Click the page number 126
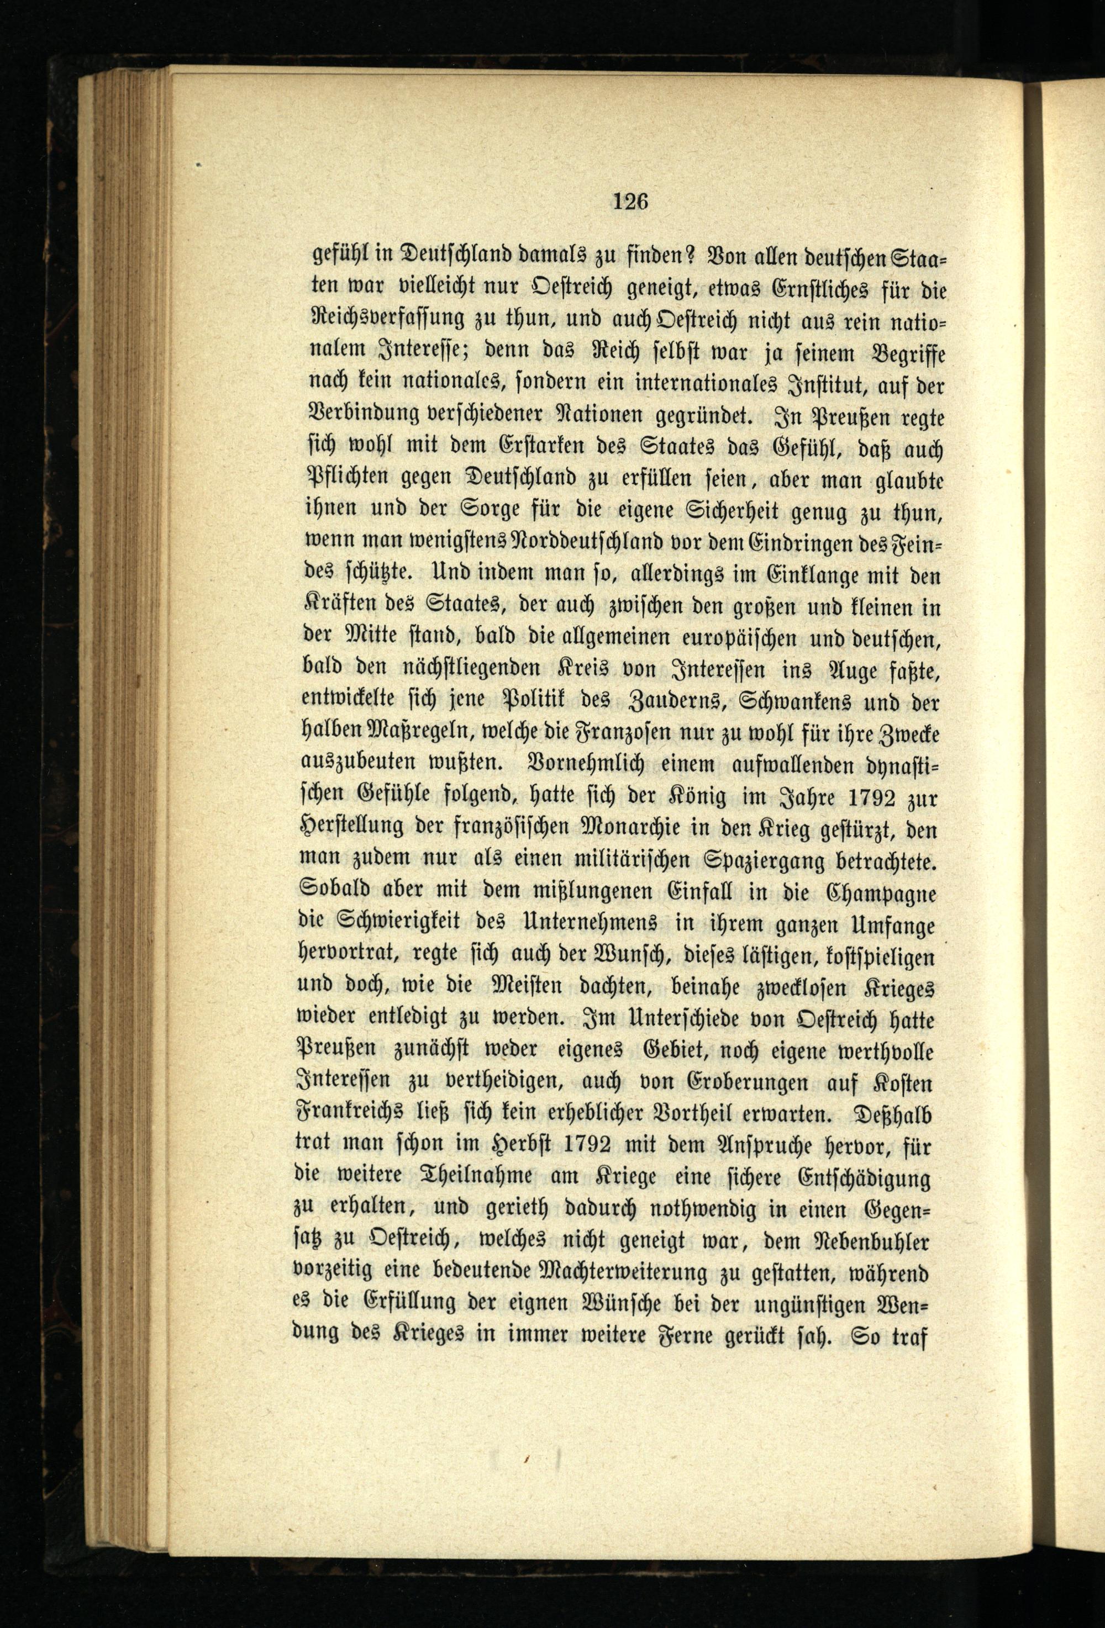[x=632, y=202]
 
